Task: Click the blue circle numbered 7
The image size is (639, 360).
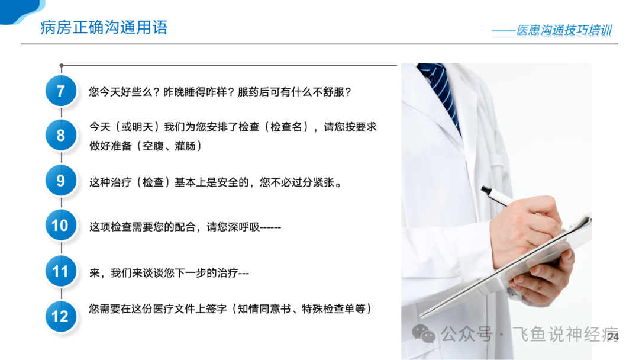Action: point(61,91)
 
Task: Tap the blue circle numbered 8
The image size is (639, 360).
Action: point(61,135)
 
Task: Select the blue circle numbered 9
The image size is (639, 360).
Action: point(61,180)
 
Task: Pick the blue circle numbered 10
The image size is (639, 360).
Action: point(61,225)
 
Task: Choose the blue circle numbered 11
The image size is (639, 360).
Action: point(61,271)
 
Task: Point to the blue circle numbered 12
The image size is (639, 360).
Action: point(61,316)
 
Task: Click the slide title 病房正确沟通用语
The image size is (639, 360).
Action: point(104,27)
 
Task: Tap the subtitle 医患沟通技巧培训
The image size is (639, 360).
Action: point(564,30)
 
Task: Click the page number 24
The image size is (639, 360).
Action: point(613,337)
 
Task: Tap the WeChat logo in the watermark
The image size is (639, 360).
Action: point(424,334)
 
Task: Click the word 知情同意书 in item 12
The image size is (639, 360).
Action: point(264,309)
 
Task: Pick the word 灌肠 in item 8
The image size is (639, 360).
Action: point(185,146)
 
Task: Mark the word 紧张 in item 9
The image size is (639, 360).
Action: point(324,182)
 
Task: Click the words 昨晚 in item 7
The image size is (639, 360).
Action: point(174,92)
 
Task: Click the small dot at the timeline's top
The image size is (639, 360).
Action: point(62,65)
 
